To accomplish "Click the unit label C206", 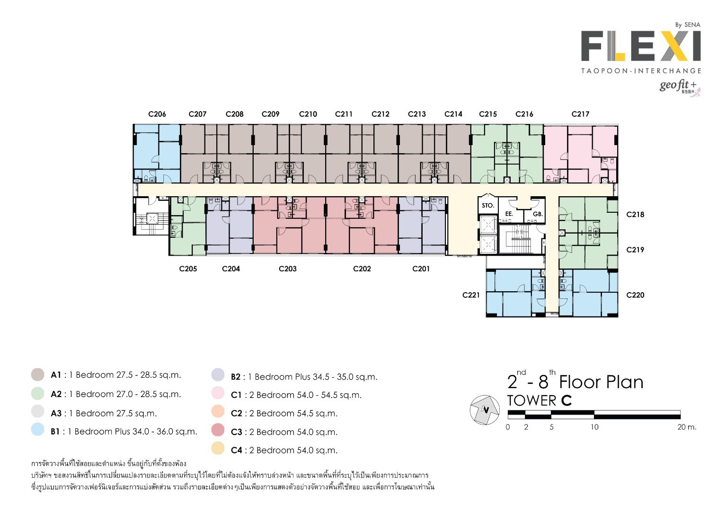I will tap(157, 114).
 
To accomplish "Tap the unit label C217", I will tap(580, 114).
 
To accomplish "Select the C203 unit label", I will tap(288, 269).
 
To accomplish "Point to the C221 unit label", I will tap(471, 295).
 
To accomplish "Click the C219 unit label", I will tap(635, 250).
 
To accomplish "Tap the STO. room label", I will tap(488, 206).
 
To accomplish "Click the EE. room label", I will tap(509, 214).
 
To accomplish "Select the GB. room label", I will tap(538, 214).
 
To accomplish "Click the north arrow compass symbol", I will tap(485, 409).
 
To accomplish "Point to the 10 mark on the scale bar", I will tap(594, 427).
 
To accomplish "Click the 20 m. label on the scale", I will tap(687, 427).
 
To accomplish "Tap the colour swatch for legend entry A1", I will tap(38, 375).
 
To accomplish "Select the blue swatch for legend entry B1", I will tap(38, 430).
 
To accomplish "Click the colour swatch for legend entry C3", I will tap(218, 430).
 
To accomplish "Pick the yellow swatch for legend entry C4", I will tap(218, 448).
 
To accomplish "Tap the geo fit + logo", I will tap(679, 87).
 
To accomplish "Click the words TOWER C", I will tap(539, 401).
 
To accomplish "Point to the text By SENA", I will tap(688, 25).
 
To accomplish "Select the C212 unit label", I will tap(381, 114).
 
